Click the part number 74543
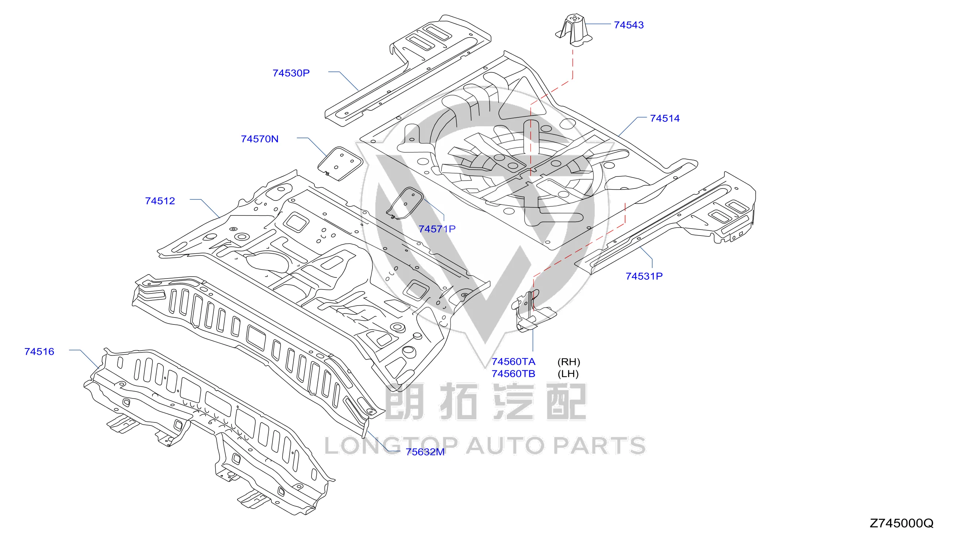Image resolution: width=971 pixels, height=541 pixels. (628, 25)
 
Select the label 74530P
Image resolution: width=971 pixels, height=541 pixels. (291, 73)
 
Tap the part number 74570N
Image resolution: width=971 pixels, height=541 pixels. (259, 139)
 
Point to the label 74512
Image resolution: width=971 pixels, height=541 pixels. (160, 201)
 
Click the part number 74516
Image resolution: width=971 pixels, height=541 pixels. (39, 351)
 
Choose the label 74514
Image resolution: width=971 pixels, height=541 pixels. (665, 118)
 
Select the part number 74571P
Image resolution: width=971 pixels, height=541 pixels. (437, 229)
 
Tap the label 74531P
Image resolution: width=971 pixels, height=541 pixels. (644, 276)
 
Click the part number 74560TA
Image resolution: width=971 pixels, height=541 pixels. (513, 362)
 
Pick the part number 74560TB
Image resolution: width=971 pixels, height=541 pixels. (513, 374)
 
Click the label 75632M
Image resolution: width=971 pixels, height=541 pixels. (425, 452)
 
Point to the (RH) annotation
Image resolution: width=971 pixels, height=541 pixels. (568, 362)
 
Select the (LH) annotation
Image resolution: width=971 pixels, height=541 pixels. (568, 374)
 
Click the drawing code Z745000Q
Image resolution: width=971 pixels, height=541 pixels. (902, 523)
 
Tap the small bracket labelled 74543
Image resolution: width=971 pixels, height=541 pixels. (573, 30)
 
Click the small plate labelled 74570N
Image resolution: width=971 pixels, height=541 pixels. (340, 164)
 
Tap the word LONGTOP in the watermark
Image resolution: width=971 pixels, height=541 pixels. (391, 446)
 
